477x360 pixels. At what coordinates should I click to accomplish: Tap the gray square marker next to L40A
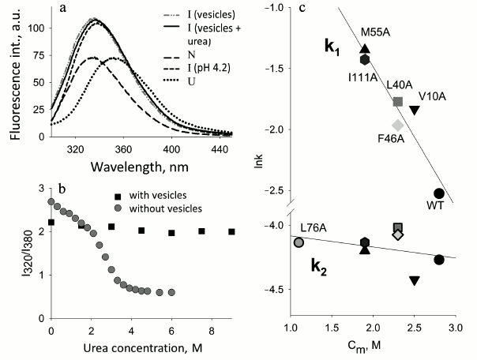tap(397, 101)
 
